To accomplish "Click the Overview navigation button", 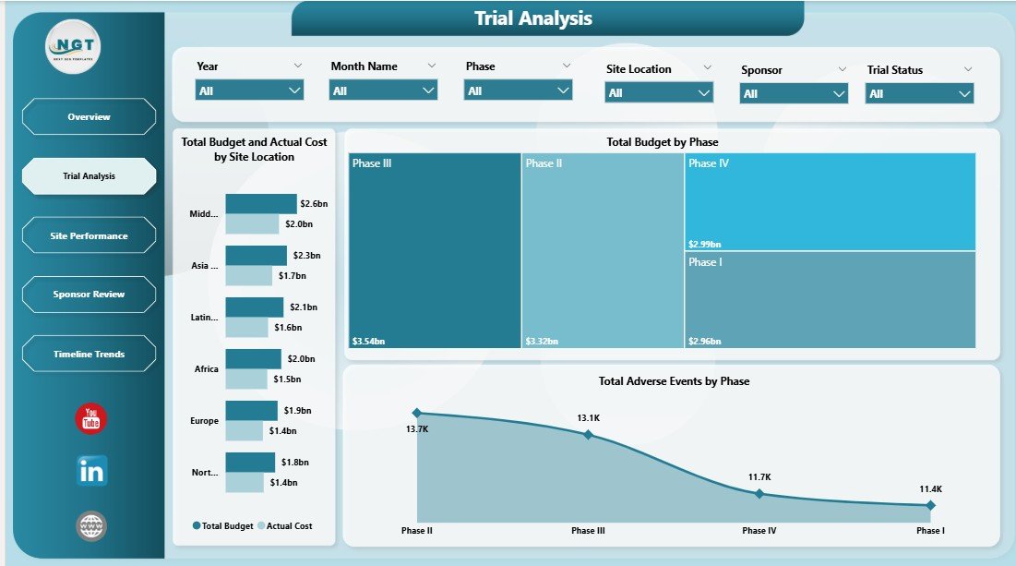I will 89,117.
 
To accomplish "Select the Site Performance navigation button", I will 89,235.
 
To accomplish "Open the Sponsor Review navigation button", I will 89,295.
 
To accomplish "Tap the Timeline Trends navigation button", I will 89,354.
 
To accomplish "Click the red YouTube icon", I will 91,419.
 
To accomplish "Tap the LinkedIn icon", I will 91,470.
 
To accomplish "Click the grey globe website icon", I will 91,526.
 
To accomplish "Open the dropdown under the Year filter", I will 250,90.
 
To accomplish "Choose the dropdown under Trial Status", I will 919,93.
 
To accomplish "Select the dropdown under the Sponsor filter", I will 794,93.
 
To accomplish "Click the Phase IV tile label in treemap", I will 709,163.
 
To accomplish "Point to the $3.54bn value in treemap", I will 368,342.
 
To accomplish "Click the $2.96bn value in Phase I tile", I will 705,342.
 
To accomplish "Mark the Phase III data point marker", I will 589,434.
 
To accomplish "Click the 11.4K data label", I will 929,488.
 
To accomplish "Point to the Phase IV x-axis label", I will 759,531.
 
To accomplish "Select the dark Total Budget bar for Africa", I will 253,358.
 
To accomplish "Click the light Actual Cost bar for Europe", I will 244,431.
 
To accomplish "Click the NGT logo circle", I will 73,46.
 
